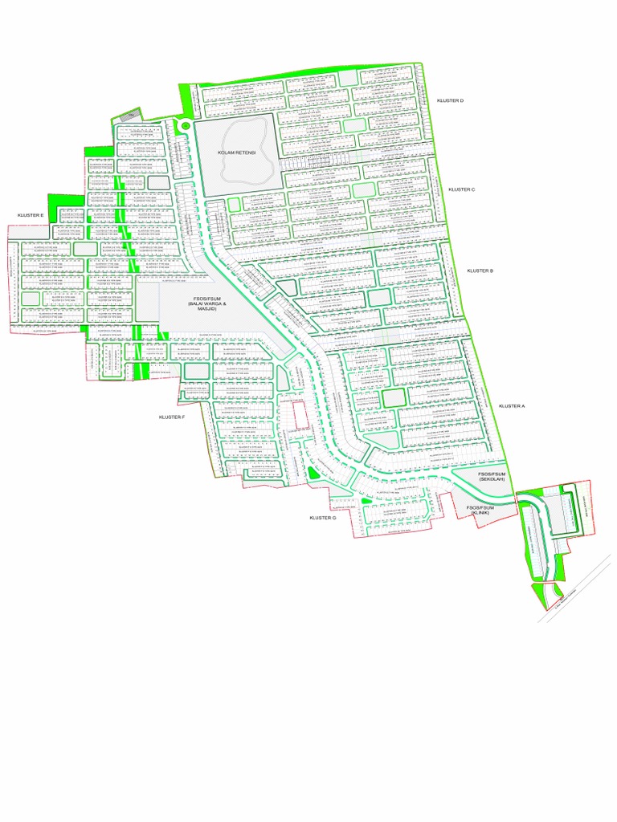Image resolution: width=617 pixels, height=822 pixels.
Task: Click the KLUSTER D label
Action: (451, 100)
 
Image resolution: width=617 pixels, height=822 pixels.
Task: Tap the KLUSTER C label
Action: (462, 189)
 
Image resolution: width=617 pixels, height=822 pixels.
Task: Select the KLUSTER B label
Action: (480, 271)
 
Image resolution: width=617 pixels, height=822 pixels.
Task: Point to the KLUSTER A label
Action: (511, 406)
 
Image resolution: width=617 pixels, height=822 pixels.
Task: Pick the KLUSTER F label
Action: (172, 417)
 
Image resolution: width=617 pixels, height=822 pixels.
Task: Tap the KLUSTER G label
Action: (322, 518)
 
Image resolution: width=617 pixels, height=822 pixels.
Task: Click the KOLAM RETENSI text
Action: (235, 152)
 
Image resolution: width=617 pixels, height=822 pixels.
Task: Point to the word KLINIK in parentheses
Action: (480, 513)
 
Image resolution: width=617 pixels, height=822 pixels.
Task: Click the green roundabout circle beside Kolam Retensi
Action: (186, 125)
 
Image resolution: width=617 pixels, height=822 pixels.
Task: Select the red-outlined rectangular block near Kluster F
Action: (299, 415)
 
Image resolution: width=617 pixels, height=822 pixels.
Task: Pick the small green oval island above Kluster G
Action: (313, 474)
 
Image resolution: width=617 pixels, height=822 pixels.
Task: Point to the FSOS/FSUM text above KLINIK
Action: (480, 507)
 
